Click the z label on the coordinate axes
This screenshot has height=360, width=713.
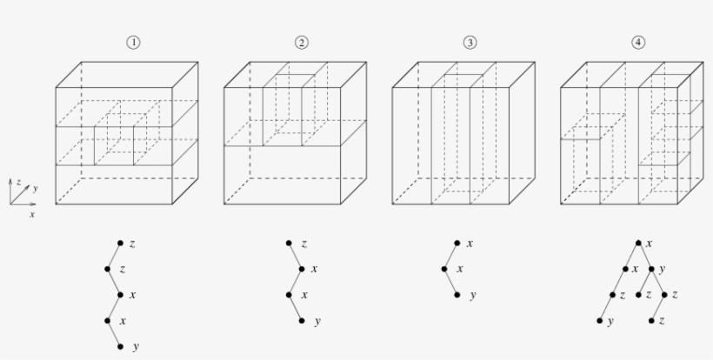pos(17,180)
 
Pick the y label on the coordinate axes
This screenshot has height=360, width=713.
pos(36,187)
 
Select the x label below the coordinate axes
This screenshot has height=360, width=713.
pos(32,213)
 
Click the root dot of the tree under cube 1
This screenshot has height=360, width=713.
pos(120,243)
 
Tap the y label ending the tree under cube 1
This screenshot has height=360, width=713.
pos(136,347)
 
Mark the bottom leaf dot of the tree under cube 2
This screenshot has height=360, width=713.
pos(302,321)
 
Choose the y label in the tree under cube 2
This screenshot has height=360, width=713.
pos(317,322)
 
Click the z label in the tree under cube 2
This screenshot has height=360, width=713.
pos(303,243)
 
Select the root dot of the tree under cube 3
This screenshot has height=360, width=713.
pos(456,243)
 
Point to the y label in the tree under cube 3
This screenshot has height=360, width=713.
pos(472,296)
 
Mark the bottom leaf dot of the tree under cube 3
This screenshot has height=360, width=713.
pos(456,295)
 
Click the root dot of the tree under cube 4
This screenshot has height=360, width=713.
pos(638,243)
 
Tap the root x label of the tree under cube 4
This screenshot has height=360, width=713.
pos(650,243)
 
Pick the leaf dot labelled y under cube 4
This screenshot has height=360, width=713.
pos(600,321)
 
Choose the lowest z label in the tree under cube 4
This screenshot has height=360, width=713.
pos(662,321)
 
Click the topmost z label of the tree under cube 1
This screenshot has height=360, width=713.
pos(132,243)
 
